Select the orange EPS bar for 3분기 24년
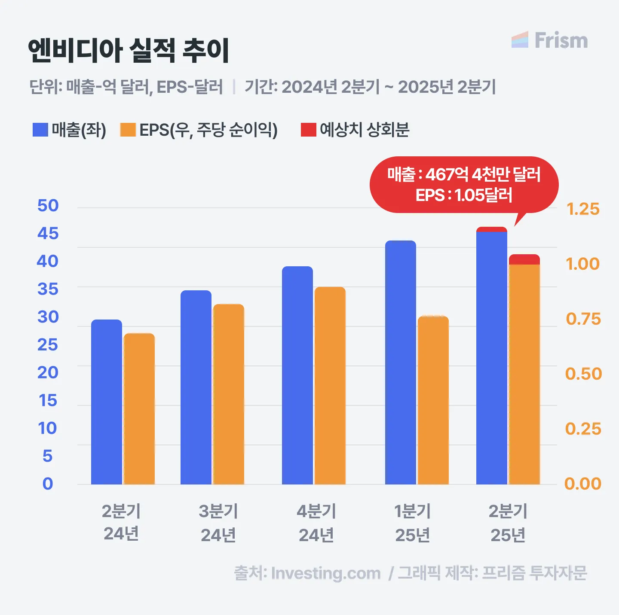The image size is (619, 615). pyautogui.click(x=229, y=394)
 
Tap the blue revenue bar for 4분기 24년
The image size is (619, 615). pyautogui.click(x=297, y=375)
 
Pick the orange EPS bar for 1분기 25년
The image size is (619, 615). pyautogui.click(x=433, y=400)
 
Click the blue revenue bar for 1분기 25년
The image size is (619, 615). pyautogui.click(x=401, y=362)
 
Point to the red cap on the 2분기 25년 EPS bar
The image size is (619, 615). pyautogui.click(x=524, y=259)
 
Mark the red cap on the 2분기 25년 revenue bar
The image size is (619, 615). pyautogui.click(x=492, y=229)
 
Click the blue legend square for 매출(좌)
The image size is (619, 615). pyautogui.click(x=40, y=130)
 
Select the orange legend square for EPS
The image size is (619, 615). pyautogui.click(x=128, y=130)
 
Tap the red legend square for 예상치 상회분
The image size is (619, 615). pyautogui.click(x=309, y=130)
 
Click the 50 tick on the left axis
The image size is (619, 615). pyautogui.click(x=48, y=206)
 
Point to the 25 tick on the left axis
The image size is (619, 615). pyautogui.click(x=48, y=345)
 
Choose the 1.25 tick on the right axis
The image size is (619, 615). pyautogui.click(x=583, y=209)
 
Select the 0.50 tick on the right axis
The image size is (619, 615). pyautogui.click(x=583, y=374)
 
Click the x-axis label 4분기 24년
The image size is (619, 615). pyautogui.click(x=316, y=523)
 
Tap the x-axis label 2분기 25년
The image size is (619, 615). pyautogui.click(x=508, y=523)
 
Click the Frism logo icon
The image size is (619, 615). pyautogui.click(x=520, y=40)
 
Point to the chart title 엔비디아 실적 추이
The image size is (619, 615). pyautogui.click(x=129, y=51)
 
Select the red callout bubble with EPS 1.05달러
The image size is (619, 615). pyautogui.click(x=464, y=185)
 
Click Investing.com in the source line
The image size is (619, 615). pyautogui.click(x=326, y=573)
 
